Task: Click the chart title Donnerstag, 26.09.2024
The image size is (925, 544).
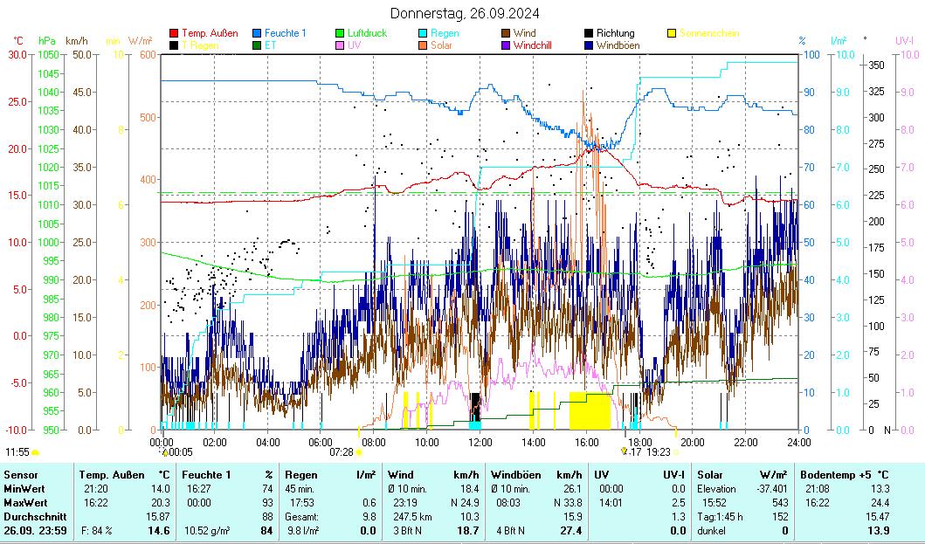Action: click(x=464, y=13)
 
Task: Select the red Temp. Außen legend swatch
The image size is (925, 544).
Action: click(x=174, y=33)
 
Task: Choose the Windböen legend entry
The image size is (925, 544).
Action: click(x=618, y=45)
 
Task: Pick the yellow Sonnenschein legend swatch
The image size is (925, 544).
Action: click(x=672, y=33)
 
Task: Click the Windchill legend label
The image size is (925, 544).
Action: click(x=533, y=45)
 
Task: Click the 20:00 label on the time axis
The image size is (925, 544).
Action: click(x=692, y=442)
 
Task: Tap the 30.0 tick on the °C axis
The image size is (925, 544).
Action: click(x=17, y=54)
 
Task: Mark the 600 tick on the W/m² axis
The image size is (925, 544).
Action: click(x=146, y=54)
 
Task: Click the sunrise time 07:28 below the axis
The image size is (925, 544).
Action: click(x=341, y=451)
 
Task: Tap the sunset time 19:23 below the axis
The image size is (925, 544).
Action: click(x=659, y=451)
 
